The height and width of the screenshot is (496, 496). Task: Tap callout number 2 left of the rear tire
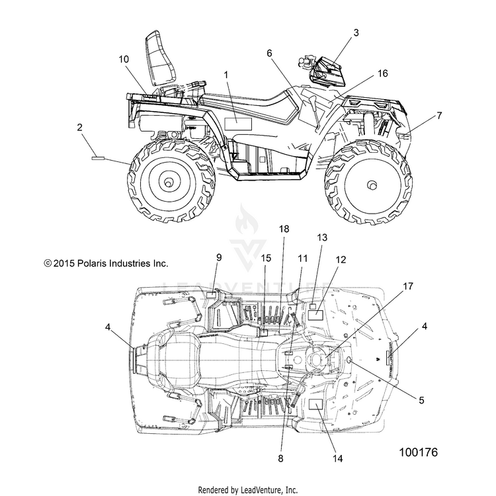click(79, 128)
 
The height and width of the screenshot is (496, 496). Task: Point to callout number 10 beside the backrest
click(124, 60)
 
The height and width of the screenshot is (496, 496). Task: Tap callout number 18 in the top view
click(284, 228)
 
